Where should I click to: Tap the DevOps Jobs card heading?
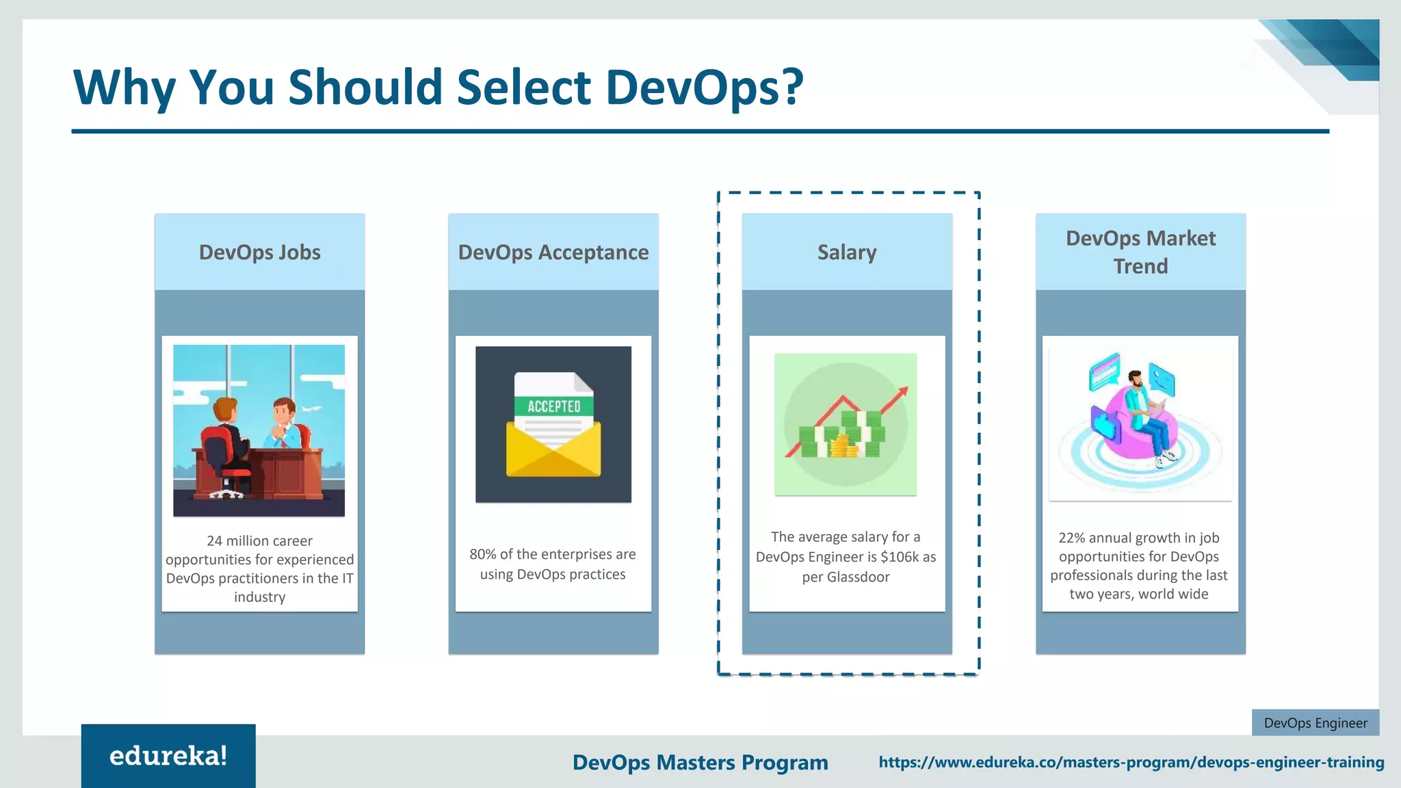pyautogui.click(x=259, y=252)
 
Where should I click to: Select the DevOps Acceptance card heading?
pyautogui.click(x=553, y=252)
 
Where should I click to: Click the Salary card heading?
pyautogui.click(x=846, y=252)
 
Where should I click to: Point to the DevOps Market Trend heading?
pyautogui.click(x=1140, y=252)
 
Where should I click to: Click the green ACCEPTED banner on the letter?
pyautogui.click(x=553, y=406)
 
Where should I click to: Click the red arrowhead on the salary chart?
pyautogui.click(x=904, y=392)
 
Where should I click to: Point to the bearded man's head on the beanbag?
pyautogui.click(x=1136, y=378)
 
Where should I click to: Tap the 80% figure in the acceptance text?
pyautogui.click(x=482, y=554)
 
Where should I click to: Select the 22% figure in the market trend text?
pyautogui.click(x=1071, y=538)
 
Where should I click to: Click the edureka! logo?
pyautogui.click(x=168, y=756)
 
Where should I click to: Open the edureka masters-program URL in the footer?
pyautogui.click(x=1131, y=762)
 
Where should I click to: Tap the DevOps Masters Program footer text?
pyautogui.click(x=700, y=763)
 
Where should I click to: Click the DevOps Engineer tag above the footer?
pyautogui.click(x=1315, y=723)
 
